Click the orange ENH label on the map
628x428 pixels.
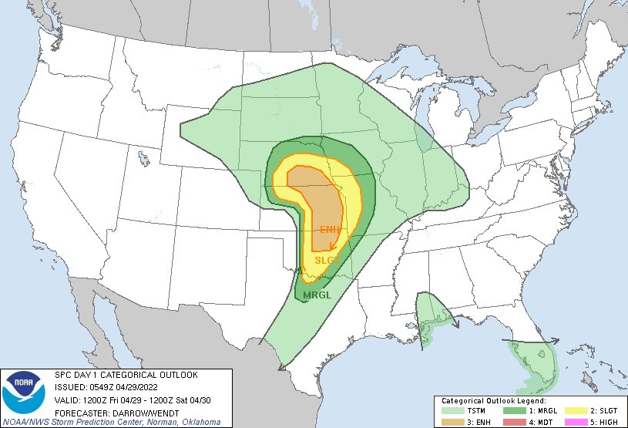coord(331,230)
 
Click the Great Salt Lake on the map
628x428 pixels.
coord(144,159)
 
